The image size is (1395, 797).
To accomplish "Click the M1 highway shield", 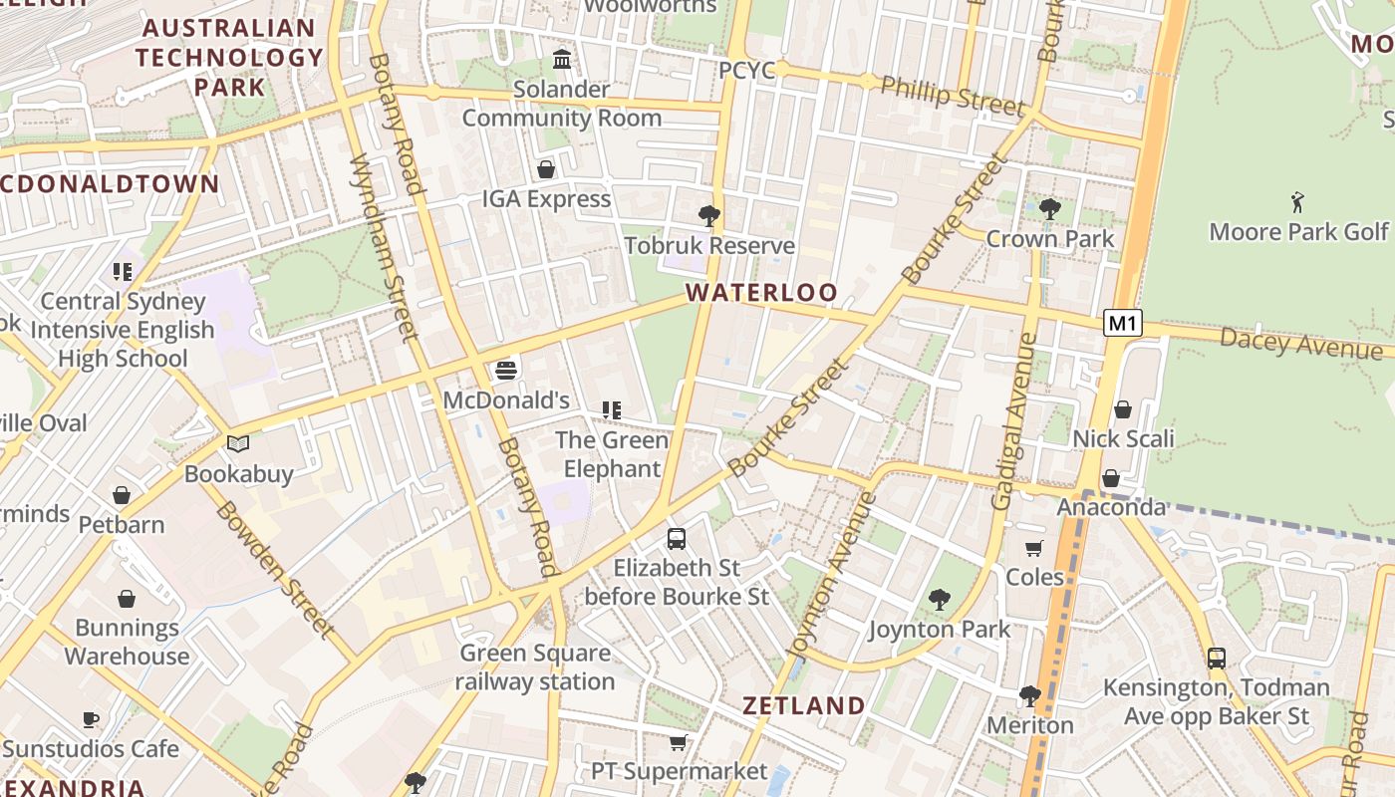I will pyautogui.click(x=1123, y=323).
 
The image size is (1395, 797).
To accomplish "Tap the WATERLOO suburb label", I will pyautogui.click(x=761, y=293).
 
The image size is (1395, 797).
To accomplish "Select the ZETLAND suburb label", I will pyautogui.click(x=804, y=706).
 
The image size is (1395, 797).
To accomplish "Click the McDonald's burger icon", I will pyautogui.click(x=506, y=372).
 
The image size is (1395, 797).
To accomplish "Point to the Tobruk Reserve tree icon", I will pyautogui.click(x=709, y=215).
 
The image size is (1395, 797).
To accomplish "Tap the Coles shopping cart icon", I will pyautogui.click(x=1034, y=548).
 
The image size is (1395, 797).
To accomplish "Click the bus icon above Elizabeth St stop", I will pyautogui.click(x=677, y=539).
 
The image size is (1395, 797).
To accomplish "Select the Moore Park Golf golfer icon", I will pyautogui.click(x=1297, y=202).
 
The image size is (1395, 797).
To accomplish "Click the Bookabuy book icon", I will pyautogui.click(x=238, y=444).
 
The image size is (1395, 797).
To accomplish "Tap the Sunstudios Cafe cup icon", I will pyautogui.click(x=91, y=719).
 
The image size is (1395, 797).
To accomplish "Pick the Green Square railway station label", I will pyautogui.click(x=535, y=667).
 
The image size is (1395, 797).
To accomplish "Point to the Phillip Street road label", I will pyautogui.click(x=953, y=96).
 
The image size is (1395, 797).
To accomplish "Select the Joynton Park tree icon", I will pyautogui.click(x=939, y=600).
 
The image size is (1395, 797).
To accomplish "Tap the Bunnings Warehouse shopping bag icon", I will pyautogui.click(x=127, y=599).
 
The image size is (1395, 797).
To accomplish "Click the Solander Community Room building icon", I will pyautogui.click(x=562, y=60).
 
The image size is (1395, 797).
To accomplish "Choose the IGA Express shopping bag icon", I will pyautogui.click(x=546, y=169).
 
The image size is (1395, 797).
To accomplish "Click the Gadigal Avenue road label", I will pyautogui.click(x=1014, y=421).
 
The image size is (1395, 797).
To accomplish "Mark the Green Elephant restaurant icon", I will pyautogui.click(x=611, y=410).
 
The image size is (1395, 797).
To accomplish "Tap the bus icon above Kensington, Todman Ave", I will pyautogui.click(x=1216, y=659).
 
